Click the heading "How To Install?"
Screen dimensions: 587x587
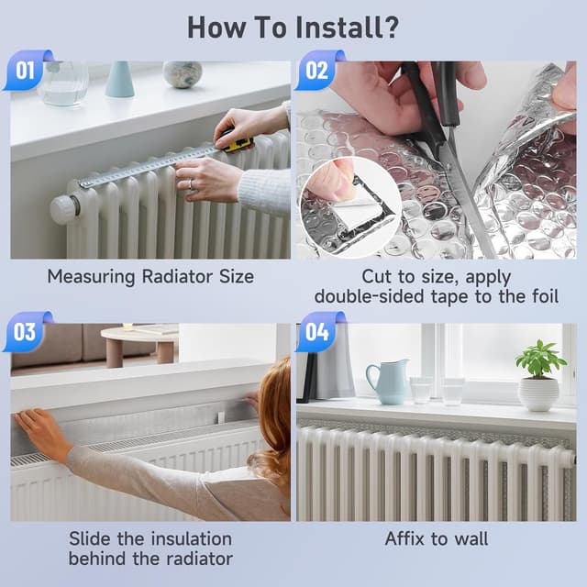[x=293, y=27]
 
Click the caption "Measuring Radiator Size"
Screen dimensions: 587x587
[x=150, y=276]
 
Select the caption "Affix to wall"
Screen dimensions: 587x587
[x=436, y=539]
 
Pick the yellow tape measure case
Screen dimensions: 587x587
[x=237, y=142]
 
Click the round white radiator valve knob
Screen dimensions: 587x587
[x=63, y=208]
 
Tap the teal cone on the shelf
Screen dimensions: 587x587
[x=119, y=80]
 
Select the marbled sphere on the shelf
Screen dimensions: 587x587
[x=182, y=74]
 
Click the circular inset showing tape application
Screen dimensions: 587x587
[x=348, y=207]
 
